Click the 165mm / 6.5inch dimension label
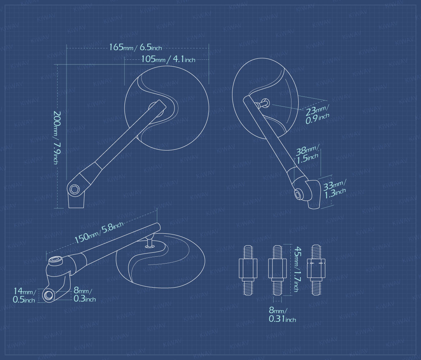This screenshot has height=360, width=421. [135, 47]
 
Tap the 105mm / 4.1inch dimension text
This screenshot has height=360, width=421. [168, 59]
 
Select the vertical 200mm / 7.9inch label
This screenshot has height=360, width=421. [56, 138]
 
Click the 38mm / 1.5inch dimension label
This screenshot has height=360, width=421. [307, 154]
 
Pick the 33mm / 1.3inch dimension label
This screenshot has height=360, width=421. [335, 189]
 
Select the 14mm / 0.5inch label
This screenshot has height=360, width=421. [24, 295]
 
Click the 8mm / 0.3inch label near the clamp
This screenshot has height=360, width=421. [85, 294]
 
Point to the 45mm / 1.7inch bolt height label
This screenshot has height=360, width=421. [297, 270]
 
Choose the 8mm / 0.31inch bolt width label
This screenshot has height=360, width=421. [282, 315]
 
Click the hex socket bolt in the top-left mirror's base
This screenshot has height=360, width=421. [74, 189]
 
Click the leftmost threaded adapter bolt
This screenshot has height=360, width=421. [248, 270]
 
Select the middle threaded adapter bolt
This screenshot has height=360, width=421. [277, 270]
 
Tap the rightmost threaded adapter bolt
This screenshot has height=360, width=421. [316, 270]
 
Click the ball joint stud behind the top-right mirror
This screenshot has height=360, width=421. [263, 103]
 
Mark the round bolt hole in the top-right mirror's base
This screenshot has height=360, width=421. [298, 194]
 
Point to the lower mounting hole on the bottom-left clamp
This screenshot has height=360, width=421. [49, 295]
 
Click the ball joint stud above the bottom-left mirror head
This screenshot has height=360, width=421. [150, 241]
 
